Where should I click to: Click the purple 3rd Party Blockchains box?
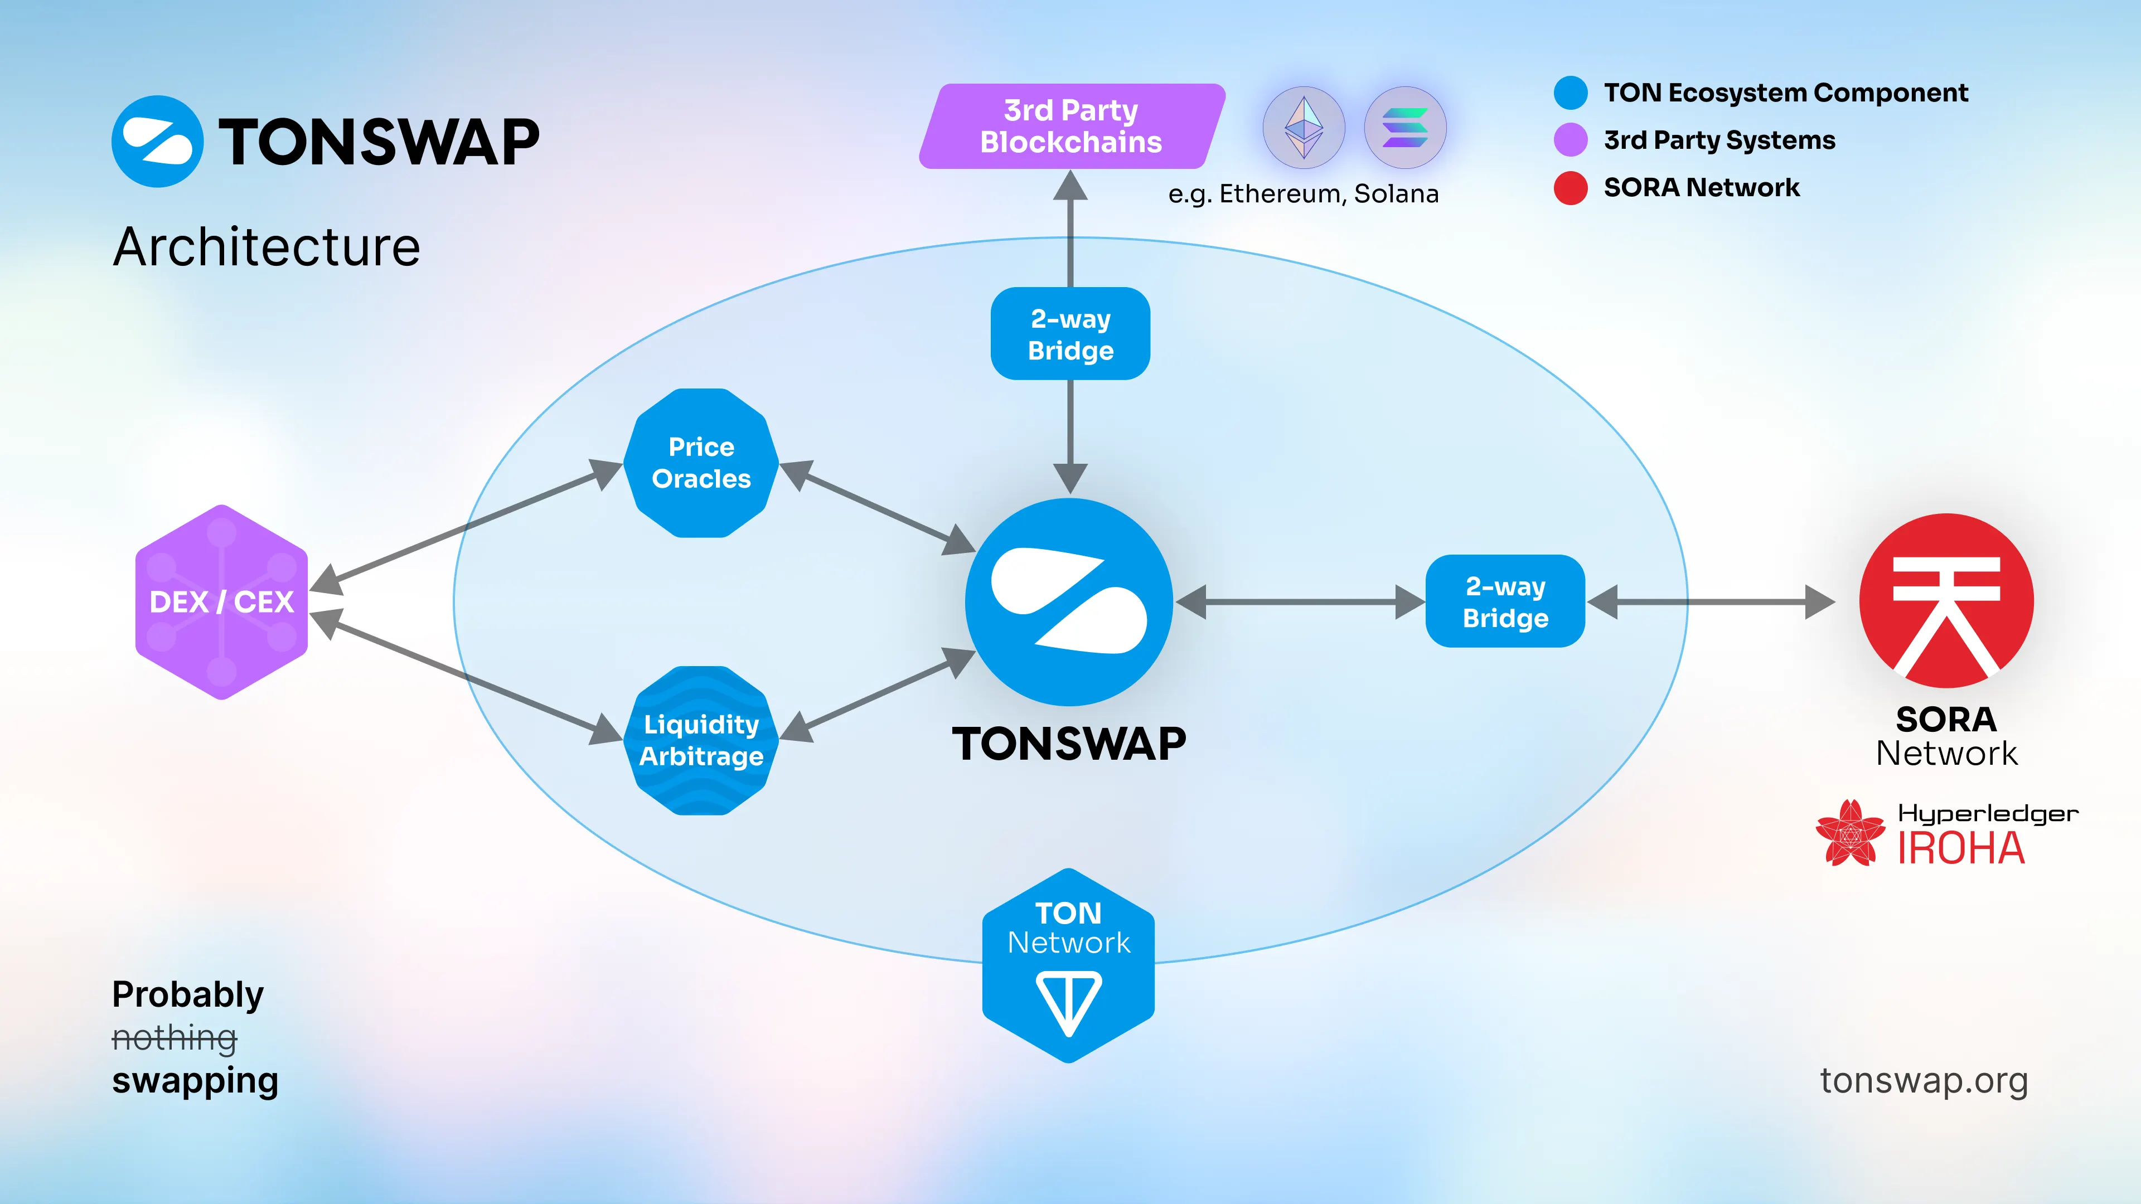click(1070, 127)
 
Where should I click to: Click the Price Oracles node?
click(701, 463)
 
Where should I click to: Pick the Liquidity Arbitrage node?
click(701, 740)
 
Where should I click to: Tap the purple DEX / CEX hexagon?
click(221, 601)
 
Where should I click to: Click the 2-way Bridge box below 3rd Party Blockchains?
click(1070, 334)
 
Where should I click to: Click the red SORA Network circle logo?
click(1946, 600)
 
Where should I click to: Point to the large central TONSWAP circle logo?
click(1069, 601)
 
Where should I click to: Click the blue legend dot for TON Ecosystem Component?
click(1570, 92)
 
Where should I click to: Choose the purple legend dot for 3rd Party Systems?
click(1570, 139)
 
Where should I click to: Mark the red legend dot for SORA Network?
click(1570, 188)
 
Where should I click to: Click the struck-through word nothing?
click(175, 1038)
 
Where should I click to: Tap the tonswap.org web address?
click(1923, 1080)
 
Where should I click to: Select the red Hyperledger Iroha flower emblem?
click(1850, 833)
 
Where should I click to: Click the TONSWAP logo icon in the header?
click(157, 141)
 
